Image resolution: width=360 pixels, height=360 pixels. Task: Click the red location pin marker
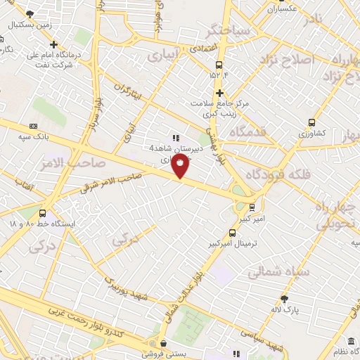[x=181, y=167]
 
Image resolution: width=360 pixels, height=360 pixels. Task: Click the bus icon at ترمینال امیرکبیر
[x=232, y=233]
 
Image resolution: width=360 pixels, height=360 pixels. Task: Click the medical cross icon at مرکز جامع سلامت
[x=219, y=93]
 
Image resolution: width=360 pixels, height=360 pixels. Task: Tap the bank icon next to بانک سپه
[x=33, y=125]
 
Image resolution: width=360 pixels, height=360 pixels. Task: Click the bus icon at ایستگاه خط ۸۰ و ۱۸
[x=44, y=213]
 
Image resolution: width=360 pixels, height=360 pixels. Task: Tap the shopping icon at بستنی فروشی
[x=163, y=344]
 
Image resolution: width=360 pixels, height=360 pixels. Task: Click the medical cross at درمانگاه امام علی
[x=54, y=45]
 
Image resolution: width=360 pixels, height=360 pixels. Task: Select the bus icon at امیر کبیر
[x=252, y=207]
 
